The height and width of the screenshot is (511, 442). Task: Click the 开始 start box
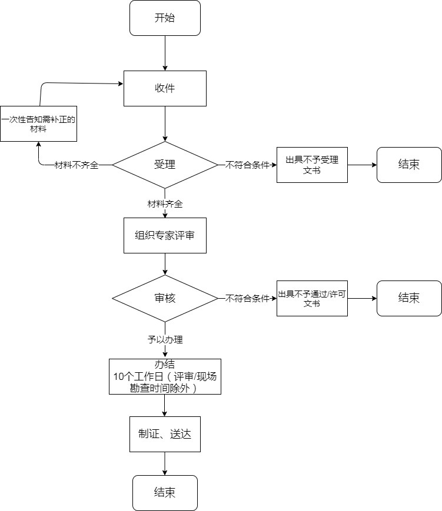(165, 18)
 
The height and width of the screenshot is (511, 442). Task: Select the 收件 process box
(165, 88)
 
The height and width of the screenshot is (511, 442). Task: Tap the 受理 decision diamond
(165, 165)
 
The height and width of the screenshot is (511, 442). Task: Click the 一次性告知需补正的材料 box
(39, 123)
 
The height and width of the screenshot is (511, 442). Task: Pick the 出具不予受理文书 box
(312, 165)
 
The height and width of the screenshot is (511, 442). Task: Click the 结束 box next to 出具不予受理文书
(409, 165)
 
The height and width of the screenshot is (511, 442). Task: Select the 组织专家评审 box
(165, 235)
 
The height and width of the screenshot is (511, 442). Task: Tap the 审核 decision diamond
(165, 299)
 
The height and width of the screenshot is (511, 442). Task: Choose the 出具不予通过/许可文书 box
(312, 299)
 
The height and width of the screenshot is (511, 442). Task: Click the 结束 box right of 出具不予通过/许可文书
(409, 298)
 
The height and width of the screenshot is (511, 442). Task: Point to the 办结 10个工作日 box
(165, 376)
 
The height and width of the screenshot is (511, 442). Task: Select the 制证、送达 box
(165, 435)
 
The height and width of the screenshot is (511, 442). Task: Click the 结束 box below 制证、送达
(165, 493)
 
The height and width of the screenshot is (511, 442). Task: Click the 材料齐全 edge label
(165, 204)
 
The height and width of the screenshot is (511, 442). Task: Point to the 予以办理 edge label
(165, 339)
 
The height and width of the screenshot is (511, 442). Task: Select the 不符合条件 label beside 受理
(247, 165)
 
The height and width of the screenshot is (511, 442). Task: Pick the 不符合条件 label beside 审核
(247, 299)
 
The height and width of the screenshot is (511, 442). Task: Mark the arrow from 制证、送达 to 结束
(165, 463)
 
